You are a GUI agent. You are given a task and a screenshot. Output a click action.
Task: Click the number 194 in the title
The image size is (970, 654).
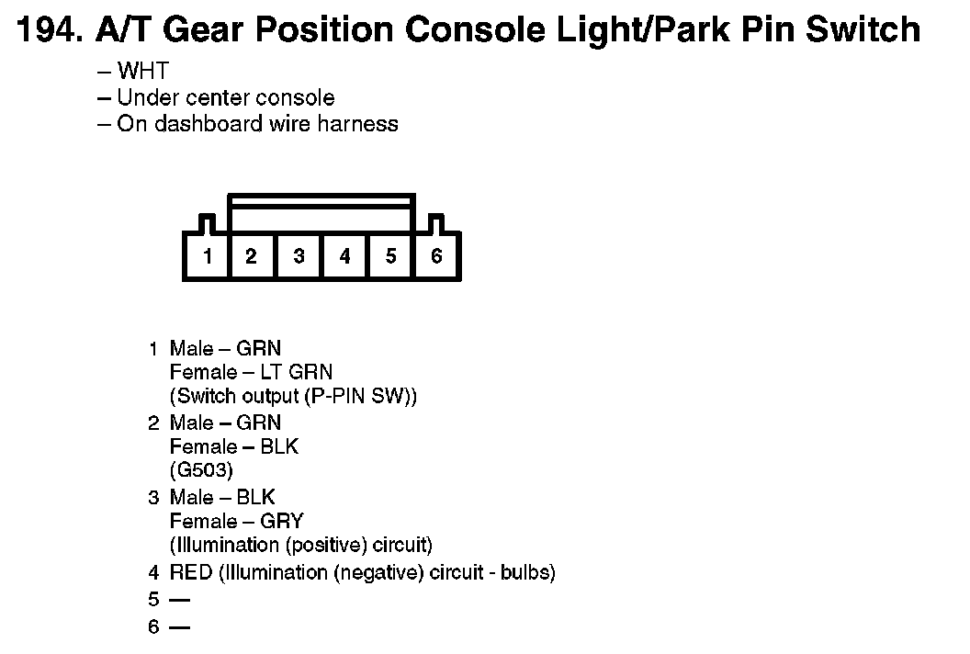tap(46, 30)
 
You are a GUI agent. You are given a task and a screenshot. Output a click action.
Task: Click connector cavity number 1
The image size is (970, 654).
tap(208, 256)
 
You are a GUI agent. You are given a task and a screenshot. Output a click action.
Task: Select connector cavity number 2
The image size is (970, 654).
tap(251, 256)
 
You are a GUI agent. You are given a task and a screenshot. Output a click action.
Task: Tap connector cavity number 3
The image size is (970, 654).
tap(299, 256)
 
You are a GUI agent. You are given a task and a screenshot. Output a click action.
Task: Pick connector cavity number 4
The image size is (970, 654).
tap(344, 256)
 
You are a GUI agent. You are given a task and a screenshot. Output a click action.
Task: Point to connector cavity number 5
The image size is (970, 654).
tap(390, 256)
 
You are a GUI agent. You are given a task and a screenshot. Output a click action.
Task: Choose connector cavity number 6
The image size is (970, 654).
tap(436, 256)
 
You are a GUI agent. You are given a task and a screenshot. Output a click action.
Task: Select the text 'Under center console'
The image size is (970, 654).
tap(225, 97)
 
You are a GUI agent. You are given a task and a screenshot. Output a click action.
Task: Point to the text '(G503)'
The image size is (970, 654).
tap(202, 470)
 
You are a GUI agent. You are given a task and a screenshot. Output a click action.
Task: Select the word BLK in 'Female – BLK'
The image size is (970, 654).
tap(279, 446)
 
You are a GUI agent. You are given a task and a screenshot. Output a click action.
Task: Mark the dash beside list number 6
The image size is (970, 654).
tap(179, 628)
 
